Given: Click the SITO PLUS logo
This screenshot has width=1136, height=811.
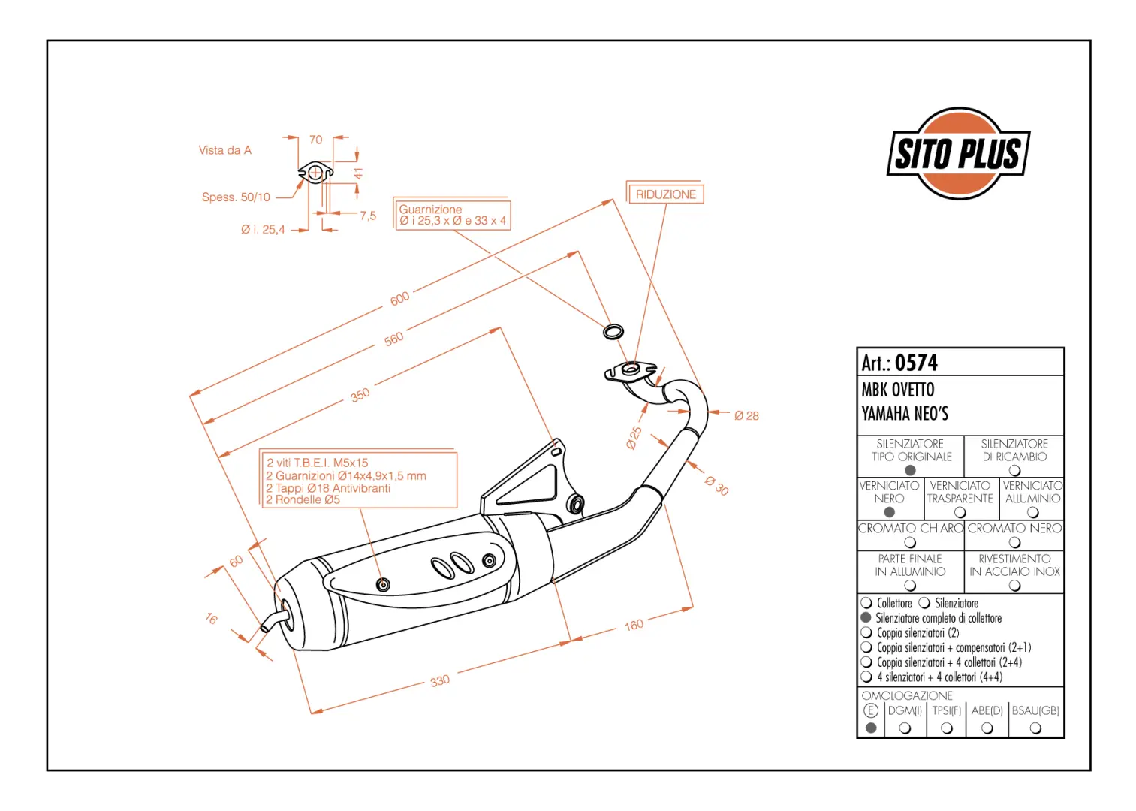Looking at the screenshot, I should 958,153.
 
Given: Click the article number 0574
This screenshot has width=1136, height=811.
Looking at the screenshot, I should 916,363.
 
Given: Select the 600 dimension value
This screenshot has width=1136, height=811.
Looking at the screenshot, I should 399,298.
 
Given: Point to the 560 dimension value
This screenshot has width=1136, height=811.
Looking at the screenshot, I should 393,339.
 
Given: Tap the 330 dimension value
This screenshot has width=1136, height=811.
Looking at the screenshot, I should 440,681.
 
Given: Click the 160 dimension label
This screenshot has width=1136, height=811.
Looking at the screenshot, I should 634,625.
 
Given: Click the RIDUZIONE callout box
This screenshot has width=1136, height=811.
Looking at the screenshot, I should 665,194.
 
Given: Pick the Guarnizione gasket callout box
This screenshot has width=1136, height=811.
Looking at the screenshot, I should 453,215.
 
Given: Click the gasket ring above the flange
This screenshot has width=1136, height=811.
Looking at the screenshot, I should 613,330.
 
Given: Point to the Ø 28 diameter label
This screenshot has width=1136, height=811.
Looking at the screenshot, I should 746,415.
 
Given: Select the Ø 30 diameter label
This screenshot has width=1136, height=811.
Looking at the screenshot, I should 717,486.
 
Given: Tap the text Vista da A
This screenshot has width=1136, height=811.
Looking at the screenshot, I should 225,150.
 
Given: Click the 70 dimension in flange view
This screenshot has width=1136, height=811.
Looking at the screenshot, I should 315,140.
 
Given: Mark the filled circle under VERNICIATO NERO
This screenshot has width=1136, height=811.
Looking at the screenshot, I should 890,512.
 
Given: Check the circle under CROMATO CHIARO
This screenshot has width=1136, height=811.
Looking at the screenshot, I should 910,542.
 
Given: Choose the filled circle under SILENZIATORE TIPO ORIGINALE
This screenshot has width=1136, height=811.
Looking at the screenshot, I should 910,470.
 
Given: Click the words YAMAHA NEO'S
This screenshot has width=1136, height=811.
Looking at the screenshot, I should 905,414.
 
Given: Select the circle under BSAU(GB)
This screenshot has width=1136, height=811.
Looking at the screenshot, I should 1035,728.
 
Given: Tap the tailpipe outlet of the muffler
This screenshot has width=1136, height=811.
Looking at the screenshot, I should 268,625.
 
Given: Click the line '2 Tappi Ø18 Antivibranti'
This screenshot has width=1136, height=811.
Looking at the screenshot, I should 328,488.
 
